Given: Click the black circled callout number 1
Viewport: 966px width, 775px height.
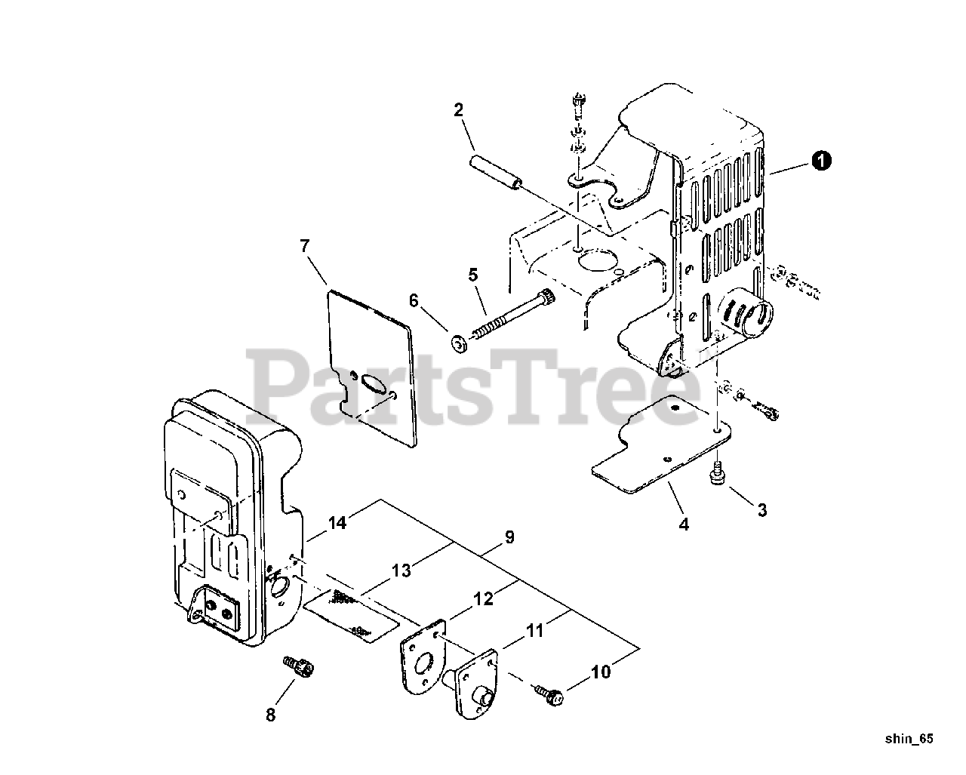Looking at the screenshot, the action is tap(822, 159).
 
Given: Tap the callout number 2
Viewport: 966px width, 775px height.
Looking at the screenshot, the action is tap(458, 110).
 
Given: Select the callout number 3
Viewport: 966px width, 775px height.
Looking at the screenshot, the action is tap(762, 510).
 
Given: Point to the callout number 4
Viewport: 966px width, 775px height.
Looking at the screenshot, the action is tap(684, 524).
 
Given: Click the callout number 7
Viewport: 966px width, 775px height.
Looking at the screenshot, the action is tap(305, 246).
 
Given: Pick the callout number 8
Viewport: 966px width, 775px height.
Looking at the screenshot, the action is tap(271, 714).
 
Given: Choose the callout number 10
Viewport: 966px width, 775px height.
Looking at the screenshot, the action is tap(601, 671).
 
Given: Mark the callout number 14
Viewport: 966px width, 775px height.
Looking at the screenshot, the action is tap(337, 522).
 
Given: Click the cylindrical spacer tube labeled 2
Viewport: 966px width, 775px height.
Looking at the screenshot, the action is tap(497, 173).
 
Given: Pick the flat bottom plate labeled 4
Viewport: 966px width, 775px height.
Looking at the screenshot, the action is tap(657, 453).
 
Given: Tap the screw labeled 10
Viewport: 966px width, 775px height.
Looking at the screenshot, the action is tap(549, 693).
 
